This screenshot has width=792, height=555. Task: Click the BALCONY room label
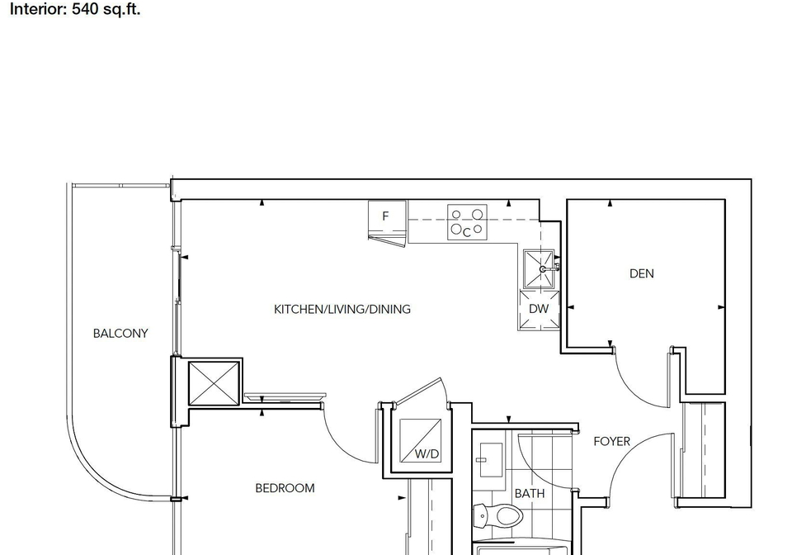pyautogui.click(x=120, y=334)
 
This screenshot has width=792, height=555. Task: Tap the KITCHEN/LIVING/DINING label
pyautogui.click(x=342, y=310)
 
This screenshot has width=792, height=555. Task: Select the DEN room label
pyautogui.click(x=642, y=273)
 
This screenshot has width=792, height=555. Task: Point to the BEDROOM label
pyautogui.click(x=285, y=488)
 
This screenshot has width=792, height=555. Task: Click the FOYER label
pyautogui.click(x=611, y=442)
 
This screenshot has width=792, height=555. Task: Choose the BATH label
pyautogui.click(x=530, y=493)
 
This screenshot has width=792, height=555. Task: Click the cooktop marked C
pyautogui.click(x=467, y=222)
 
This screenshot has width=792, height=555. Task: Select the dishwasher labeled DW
pyautogui.click(x=539, y=310)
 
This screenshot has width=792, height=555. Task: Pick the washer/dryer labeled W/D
pyautogui.click(x=420, y=440)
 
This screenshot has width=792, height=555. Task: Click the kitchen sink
pyautogui.click(x=540, y=268)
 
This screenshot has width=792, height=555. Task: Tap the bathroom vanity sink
pyautogui.click(x=489, y=459)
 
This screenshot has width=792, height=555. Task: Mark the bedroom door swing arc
pyautogui.click(x=339, y=446)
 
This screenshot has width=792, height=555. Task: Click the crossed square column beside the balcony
pyautogui.click(x=214, y=383)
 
